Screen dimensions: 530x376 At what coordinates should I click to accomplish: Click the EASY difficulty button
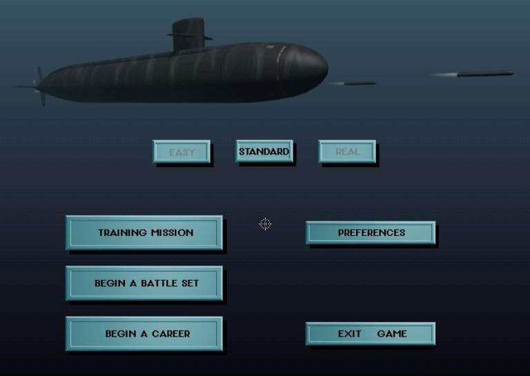pyautogui.click(x=181, y=152)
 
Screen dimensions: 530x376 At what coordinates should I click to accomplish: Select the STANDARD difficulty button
pyautogui.click(x=264, y=151)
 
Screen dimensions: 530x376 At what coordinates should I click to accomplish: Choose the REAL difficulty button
pyautogui.click(x=347, y=151)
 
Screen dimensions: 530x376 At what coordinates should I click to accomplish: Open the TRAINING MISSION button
pyautogui.click(x=144, y=232)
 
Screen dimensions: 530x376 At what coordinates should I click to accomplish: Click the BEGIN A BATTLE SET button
pyautogui.click(x=144, y=283)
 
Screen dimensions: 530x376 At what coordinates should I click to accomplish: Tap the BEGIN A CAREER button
pyautogui.click(x=144, y=333)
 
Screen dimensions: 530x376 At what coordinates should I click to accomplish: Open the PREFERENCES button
pyautogui.click(x=371, y=232)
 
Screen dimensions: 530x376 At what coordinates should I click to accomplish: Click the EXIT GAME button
pyautogui.click(x=371, y=334)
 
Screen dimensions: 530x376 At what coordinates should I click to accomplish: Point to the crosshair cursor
pyautogui.click(x=265, y=224)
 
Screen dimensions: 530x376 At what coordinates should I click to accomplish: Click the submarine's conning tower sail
pyautogui.click(x=188, y=34)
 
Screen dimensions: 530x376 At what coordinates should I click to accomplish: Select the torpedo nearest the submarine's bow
pyautogui.click(x=353, y=83)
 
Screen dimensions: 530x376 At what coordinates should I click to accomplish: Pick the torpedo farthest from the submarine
pyautogui.click(x=473, y=74)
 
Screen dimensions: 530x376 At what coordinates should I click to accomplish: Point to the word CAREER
pyautogui.click(x=171, y=334)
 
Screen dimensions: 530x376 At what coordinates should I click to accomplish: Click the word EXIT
pyautogui.click(x=349, y=334)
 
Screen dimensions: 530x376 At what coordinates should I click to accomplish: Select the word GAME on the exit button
pyautogui.click(x=392, y=334)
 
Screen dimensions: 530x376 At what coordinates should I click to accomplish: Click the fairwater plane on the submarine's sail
pyautogui.click(x=189, y=36)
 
